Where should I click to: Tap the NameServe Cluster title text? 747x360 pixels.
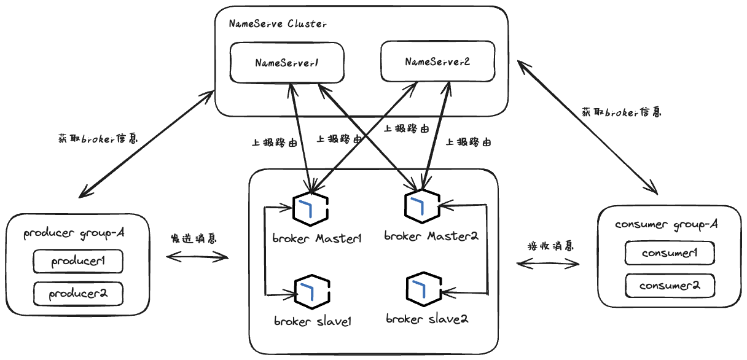pos(278,24)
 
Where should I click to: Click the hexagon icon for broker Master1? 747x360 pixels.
pos(310,209)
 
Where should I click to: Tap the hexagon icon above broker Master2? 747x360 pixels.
pos(422,206)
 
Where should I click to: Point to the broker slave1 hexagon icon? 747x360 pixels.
pos(313,292)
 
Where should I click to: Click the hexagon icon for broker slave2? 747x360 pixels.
pos(424,289)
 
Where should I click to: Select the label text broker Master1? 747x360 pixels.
pos(317,238)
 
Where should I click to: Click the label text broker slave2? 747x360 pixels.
pos(427,319)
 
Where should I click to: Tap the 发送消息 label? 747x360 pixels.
pos(194,238)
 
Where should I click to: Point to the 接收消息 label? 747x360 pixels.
pos(550,246)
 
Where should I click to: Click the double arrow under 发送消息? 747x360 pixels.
pos(197,257)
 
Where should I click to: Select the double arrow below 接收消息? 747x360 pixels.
pos(548,264)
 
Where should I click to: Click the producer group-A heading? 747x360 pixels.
pos(74,233)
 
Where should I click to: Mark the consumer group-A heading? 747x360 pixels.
pos(667,225)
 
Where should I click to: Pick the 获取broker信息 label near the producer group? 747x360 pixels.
pos(98,138)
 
